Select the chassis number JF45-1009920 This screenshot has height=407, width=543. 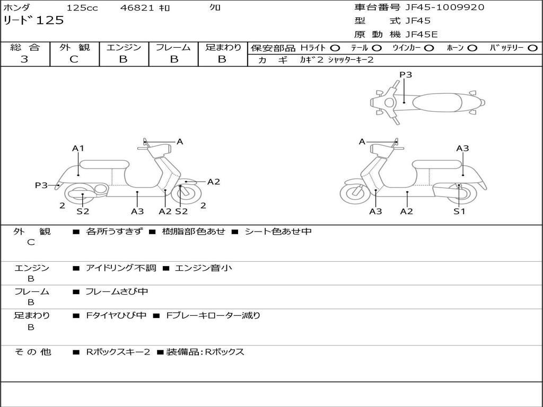pyautogui.click(x=444, y=7)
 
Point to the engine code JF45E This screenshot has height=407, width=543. pyautogui.click(x=422, y=35)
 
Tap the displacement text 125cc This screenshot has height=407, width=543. pyautogui.click(x=82, y=8)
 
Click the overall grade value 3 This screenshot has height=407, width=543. pyautogui.click(x=24, y=59)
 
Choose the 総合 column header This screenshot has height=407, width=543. pyautogui.click(x=25, y=47)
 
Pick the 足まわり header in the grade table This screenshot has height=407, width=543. pyautogui.click(x=223, y=47)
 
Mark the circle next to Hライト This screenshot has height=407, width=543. pyautogui.click(x=335, y=48)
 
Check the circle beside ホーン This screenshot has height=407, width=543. pyautogui.click(x=472, y=48)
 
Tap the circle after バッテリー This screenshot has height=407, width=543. pyautogui.click(x=532, y=48)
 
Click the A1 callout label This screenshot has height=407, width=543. pyautogui.click(x=78, y=148)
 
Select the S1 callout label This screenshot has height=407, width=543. pyautogui.click(x=459, y=211)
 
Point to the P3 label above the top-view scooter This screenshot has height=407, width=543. pyautogui.click(x=406, y=75)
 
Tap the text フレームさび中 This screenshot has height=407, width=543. pyautogui.click(x=117, y=291)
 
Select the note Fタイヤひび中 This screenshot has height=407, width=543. pyautogui.click(x=116, y=315)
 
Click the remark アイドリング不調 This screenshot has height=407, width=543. pyautogui.click(x=121, y=268)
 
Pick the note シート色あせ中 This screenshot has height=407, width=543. pyautogui.click(x=278, y=232)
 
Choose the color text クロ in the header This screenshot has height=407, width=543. pyautogui.click(x=215, y=8)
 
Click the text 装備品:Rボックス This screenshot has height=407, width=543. pyautogui.click(x=205, y=352)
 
